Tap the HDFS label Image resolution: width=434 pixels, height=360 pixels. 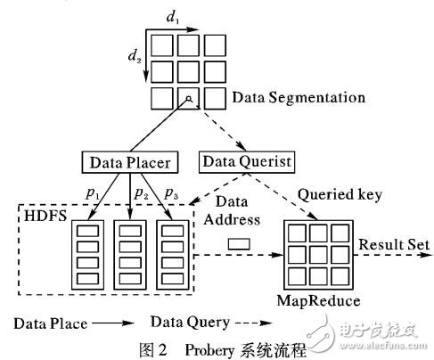pyautogui.click(x=37, y=217)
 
